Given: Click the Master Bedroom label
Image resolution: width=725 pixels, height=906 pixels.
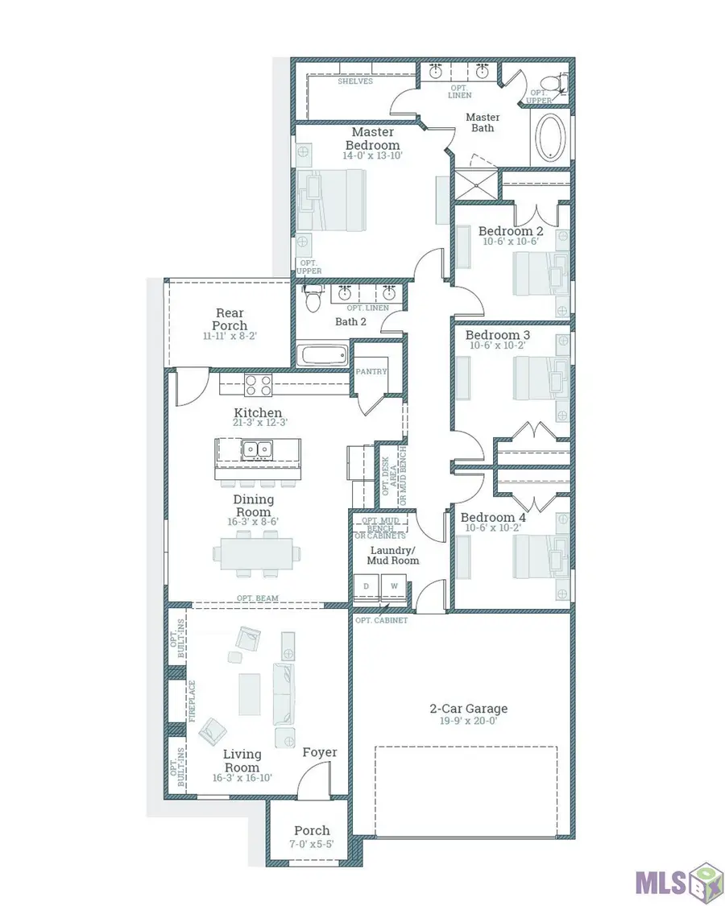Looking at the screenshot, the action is tap(373, 139).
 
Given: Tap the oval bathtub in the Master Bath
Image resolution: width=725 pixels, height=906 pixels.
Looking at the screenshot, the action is tap(551, 138).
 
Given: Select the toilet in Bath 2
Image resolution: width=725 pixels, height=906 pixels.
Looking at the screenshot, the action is tap(313, 298).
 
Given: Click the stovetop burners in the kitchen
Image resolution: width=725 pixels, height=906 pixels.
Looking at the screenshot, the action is tap(259, 385).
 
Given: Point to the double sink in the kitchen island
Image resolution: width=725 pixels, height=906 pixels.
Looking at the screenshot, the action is tap(257, 449).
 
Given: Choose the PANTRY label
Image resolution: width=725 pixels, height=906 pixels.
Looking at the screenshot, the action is tap(371, 371).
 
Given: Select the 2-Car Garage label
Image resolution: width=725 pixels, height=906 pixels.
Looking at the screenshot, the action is tap(468, 709).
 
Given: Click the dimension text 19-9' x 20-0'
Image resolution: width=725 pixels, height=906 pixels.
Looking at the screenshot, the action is tap(468, 721).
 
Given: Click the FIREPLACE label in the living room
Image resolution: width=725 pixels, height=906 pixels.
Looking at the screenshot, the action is tap(192, 701).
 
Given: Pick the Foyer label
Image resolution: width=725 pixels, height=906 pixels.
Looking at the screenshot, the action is tap(320, 752).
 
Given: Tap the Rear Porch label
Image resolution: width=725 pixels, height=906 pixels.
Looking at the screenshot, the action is tap(230, 319).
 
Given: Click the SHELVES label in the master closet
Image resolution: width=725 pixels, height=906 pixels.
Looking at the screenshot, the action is tap(355, 81).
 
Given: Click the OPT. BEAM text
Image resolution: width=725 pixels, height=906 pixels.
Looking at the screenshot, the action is tap(257, 598).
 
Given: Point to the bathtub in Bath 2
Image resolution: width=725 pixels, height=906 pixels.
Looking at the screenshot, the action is tap(322, 355).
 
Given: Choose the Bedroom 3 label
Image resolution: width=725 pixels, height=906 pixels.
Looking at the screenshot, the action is tap(497, 334).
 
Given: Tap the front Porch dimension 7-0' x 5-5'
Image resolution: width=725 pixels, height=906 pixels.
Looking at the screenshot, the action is tap(312, 844).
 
